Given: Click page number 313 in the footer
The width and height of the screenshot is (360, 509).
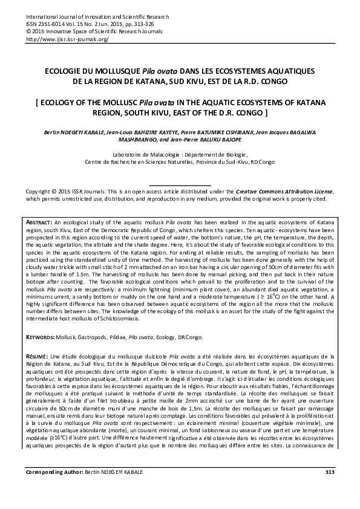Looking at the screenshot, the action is pos(329,488).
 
